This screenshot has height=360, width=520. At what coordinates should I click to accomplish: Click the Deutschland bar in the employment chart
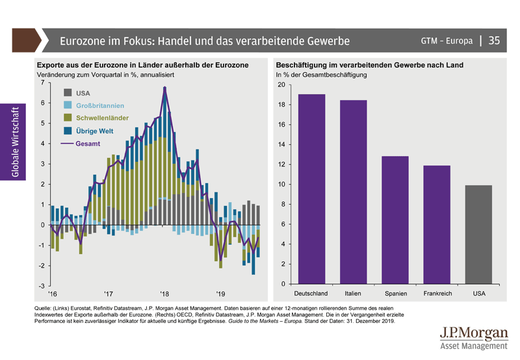(x=312, y=189)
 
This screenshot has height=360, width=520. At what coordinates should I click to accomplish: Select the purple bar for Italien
(x=354, y=192)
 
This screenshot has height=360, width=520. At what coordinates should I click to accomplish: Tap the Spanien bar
(x=395, y=220)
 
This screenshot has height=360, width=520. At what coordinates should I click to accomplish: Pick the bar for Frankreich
(x=437, y=224)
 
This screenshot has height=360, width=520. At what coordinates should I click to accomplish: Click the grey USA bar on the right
(x=478, y=235)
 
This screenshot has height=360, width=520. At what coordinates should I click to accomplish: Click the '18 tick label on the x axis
(x=164, y=294)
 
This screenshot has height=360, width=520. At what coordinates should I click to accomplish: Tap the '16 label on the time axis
(x=52, y=294)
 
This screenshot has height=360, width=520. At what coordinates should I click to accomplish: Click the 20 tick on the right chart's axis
(x=281, y=85)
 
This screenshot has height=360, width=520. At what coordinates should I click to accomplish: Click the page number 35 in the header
(x=494, y=41)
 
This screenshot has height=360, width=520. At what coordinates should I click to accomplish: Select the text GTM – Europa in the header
(x=446, y=42)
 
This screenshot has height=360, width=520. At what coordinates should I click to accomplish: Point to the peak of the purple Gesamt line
(x=165, y=87)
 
